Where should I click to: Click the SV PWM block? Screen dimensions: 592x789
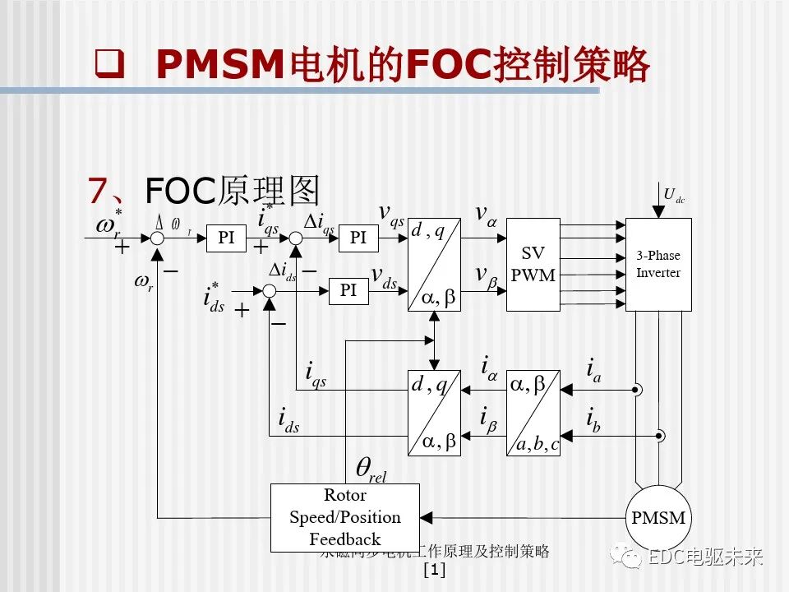pos(533,264)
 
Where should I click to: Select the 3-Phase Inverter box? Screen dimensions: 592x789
pos(658,264)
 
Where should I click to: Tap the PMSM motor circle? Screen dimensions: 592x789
pos(657,517)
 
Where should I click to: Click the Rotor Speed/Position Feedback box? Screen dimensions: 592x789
pos(345,517)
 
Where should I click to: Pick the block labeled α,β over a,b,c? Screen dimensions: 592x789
pos(533,413)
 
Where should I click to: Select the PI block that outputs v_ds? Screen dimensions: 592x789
pos(348,290)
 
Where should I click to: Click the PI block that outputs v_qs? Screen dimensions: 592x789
pos(358,238)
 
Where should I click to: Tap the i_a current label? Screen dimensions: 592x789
pos(593,370)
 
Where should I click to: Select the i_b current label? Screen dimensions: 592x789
pos(593,419)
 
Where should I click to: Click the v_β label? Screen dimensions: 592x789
pos(486,275)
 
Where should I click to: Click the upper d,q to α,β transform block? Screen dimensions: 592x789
pos(435,265)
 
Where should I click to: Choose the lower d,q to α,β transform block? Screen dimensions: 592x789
pos(435,413)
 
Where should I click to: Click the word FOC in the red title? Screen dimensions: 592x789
pos(447,64)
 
